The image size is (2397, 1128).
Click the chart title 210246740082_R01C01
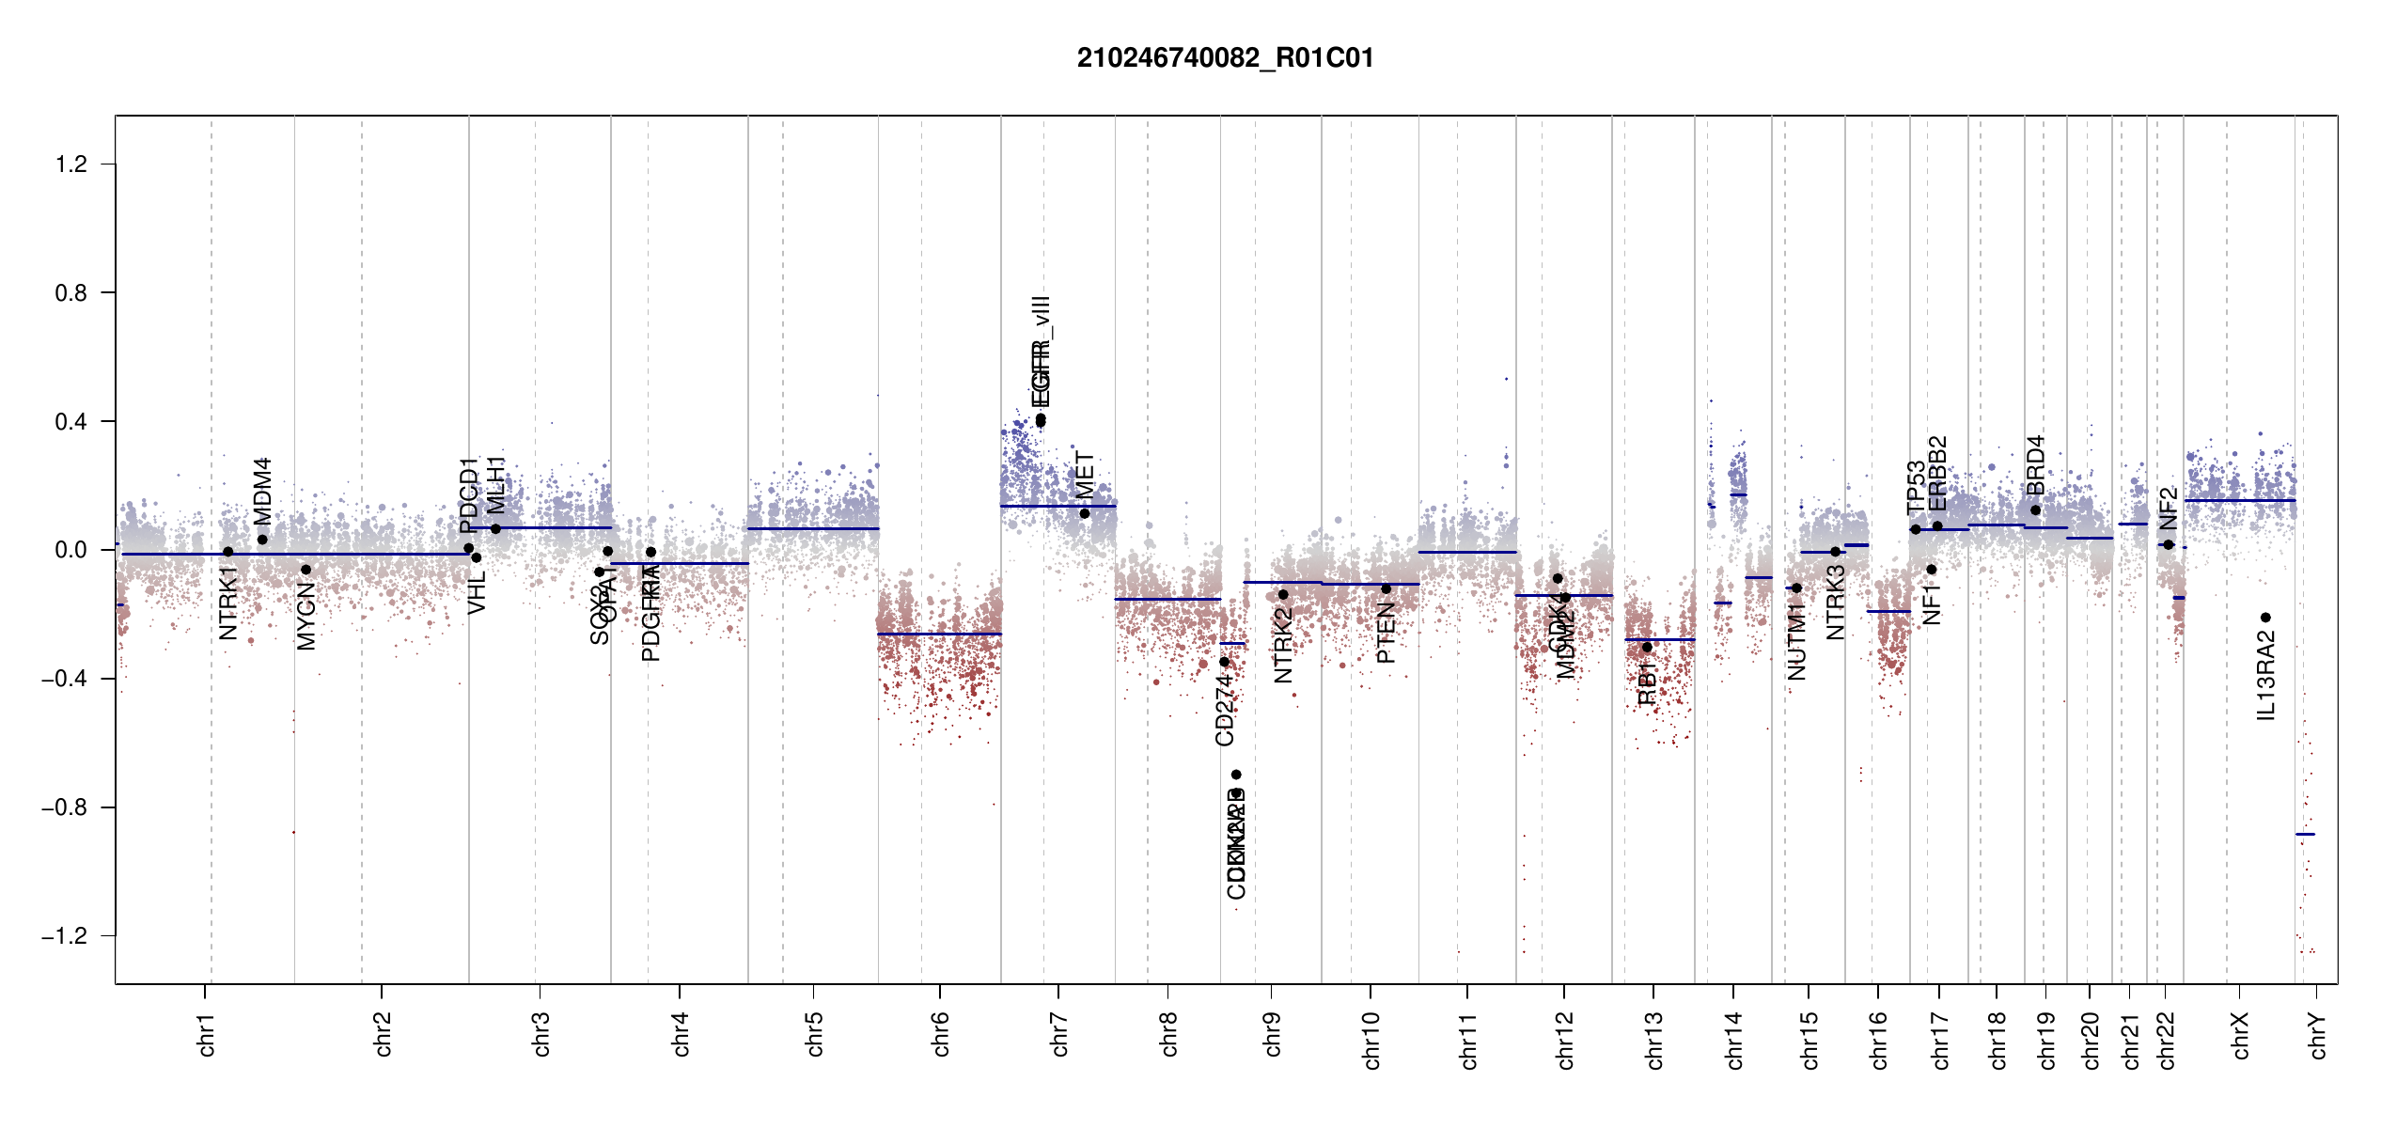[1225, 58]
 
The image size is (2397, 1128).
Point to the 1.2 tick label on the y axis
[71, 164]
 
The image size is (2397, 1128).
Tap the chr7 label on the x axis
[1059, 1035]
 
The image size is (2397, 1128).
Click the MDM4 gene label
[262, 491]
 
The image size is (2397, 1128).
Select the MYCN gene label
[306, 616]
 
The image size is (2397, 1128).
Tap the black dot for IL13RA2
[2265, 618]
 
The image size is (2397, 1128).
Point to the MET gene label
[1085, 476]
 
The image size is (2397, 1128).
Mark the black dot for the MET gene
[1085, 513]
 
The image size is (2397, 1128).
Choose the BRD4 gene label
[2036, 465]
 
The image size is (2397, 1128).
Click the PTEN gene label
[1386, 634]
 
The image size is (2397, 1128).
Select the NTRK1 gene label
[228, 603]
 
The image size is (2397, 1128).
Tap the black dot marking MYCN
[305, 570]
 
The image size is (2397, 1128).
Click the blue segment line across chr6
[939, 634]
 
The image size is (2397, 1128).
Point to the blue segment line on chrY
[2305, 834]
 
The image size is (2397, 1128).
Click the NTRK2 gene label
[1283, 645]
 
